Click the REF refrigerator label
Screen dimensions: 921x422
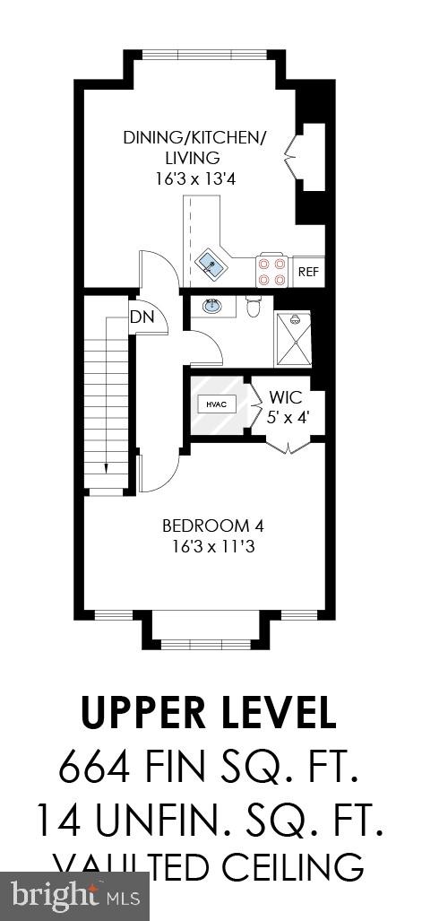(307, 271)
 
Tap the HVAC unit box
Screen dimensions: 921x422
(216, 404)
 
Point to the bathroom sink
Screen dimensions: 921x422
(213, 307)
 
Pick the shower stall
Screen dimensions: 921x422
(293, 339)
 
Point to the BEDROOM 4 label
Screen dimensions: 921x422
(212, 526)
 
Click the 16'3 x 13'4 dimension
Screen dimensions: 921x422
(195, 178)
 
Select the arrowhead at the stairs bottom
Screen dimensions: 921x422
(106, 467)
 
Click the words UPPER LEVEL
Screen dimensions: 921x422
(209, 713)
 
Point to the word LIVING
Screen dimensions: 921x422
(186, 158)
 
